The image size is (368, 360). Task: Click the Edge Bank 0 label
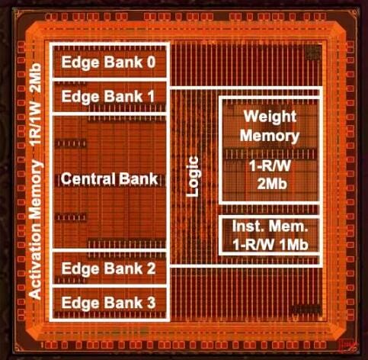108,63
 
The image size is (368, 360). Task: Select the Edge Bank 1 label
108,97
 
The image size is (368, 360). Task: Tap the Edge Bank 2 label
108,268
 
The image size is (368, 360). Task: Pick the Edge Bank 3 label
108,303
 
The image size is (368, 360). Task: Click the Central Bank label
109,178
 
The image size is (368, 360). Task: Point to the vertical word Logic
192,176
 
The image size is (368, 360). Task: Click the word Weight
270,117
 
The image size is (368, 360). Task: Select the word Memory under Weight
270,136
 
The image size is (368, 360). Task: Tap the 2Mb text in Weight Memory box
272,184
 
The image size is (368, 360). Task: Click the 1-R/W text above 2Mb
270,166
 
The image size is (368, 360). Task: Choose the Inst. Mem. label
270,226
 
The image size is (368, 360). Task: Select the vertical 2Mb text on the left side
35,79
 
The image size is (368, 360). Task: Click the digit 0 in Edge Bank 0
151,62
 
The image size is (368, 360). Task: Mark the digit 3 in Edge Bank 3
151,302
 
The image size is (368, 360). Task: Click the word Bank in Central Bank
138,178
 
